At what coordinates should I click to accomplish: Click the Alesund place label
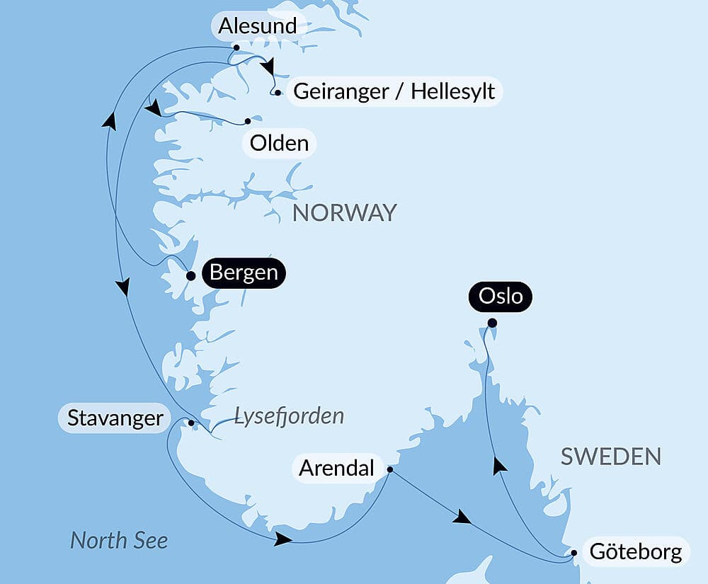[257, 26]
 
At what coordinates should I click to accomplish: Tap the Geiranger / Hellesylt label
[394, 91]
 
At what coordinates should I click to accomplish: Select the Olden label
[280, 143]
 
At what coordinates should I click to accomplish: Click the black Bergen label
[244, 273]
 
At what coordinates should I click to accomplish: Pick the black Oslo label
[501, 295]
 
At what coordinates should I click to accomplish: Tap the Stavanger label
[115, 418]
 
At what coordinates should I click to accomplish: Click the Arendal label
[336, 468]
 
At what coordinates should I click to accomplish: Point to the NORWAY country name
[345, 212]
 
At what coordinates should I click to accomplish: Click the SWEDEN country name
[610, 457]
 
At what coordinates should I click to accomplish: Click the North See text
[119, 541]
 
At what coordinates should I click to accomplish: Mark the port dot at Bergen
[190, 276]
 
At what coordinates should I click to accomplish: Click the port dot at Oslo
[492, 324]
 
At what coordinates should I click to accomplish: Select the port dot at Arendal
[390, 469]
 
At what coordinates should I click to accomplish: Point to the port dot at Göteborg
[575, 553]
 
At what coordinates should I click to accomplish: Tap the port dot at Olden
[248, 121]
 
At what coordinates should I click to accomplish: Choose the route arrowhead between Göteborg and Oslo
[500, 464]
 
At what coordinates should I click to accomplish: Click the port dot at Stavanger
[191, 423]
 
